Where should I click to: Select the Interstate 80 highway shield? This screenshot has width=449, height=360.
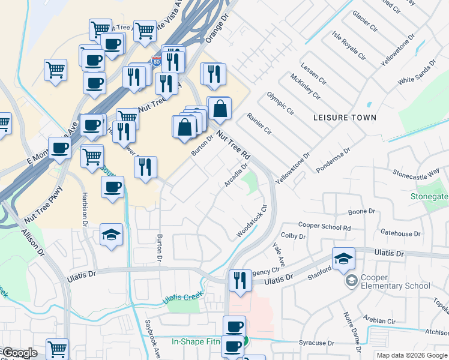click(157, 61)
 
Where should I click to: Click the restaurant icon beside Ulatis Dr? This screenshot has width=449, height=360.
click(240, 280)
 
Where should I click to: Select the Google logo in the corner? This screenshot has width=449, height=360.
click(20, 353)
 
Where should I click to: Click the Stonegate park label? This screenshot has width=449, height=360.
click(429, 196)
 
